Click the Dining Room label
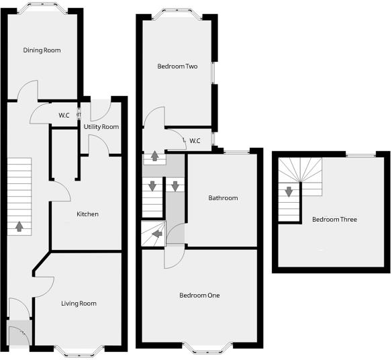[x=42, y=50]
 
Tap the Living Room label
[x=79, y=304]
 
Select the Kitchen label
[x=87, y=214]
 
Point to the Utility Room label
[x=101, y=127]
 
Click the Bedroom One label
[x=199, y=296]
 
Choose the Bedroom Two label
[x=177, y=66]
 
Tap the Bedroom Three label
[x=334, y=220]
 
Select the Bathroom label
[x=223, y=198]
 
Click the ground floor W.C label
[x=64, y=116]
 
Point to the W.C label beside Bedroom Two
[x=195, y=141]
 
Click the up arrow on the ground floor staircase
[x=19, y=226]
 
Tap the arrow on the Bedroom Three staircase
[x=289, y=191]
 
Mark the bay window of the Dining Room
[x=42, y=9]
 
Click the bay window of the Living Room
[x=79, y=349]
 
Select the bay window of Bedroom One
[x=207, y=347]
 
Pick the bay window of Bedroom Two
[x=178, y=13]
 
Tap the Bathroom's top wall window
[x=234, y=152]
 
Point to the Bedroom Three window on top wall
[x=360, y=154]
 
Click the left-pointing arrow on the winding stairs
[x=156, y=234]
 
